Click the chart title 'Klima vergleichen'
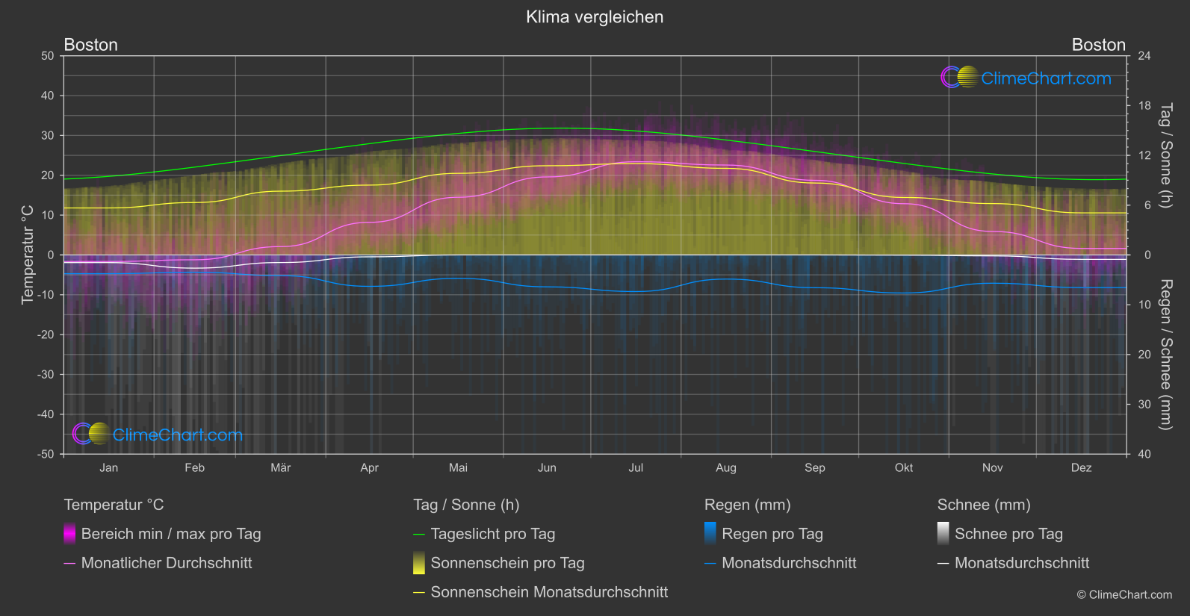[x=595, y=17]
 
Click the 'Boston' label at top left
[x=91, y=45]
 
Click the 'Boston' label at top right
[x=1098, y=45]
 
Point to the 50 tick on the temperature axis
[x=48, y=56]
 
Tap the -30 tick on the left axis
[x=46, y=375]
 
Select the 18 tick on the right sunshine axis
[x=1144, y=106]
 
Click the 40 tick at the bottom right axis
[x=1144, y=454]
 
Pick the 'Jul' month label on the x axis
[x=636, y=468]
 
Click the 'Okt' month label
[x=904, y=468]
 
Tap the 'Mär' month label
[x=281, y=468]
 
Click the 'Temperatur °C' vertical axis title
[x=28, y=255]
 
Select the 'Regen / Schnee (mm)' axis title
[x=1165, y=355]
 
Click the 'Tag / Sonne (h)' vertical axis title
[x=1165, y=155]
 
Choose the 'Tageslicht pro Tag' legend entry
[x=492, y=534]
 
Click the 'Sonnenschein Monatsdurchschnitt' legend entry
[x=549, y=592]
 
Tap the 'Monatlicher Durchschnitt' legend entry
[x=166, y=563]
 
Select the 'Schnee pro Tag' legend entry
[x=1008, y=534]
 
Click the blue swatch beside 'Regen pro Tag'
[x=710, y=533]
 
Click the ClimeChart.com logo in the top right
[x=1026, y=78]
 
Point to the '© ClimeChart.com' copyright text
[x=1124, y=595]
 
